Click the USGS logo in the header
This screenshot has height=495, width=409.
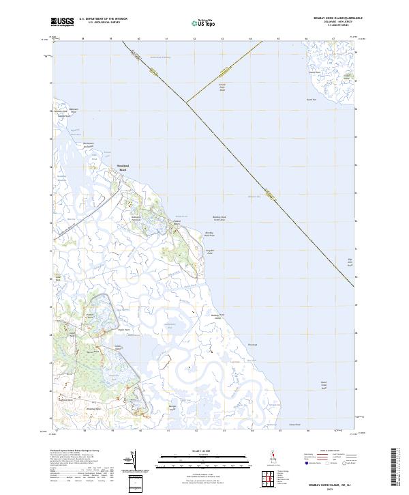pyautogui.click(x=63, y=22)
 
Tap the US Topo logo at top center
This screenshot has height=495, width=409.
pyautogui.click(x=197, y=23)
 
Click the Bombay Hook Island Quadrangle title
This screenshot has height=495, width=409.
pyautogui.click(x=332, y=18)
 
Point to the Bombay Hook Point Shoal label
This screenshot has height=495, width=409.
pyautogui.click(x=219, y=218)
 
